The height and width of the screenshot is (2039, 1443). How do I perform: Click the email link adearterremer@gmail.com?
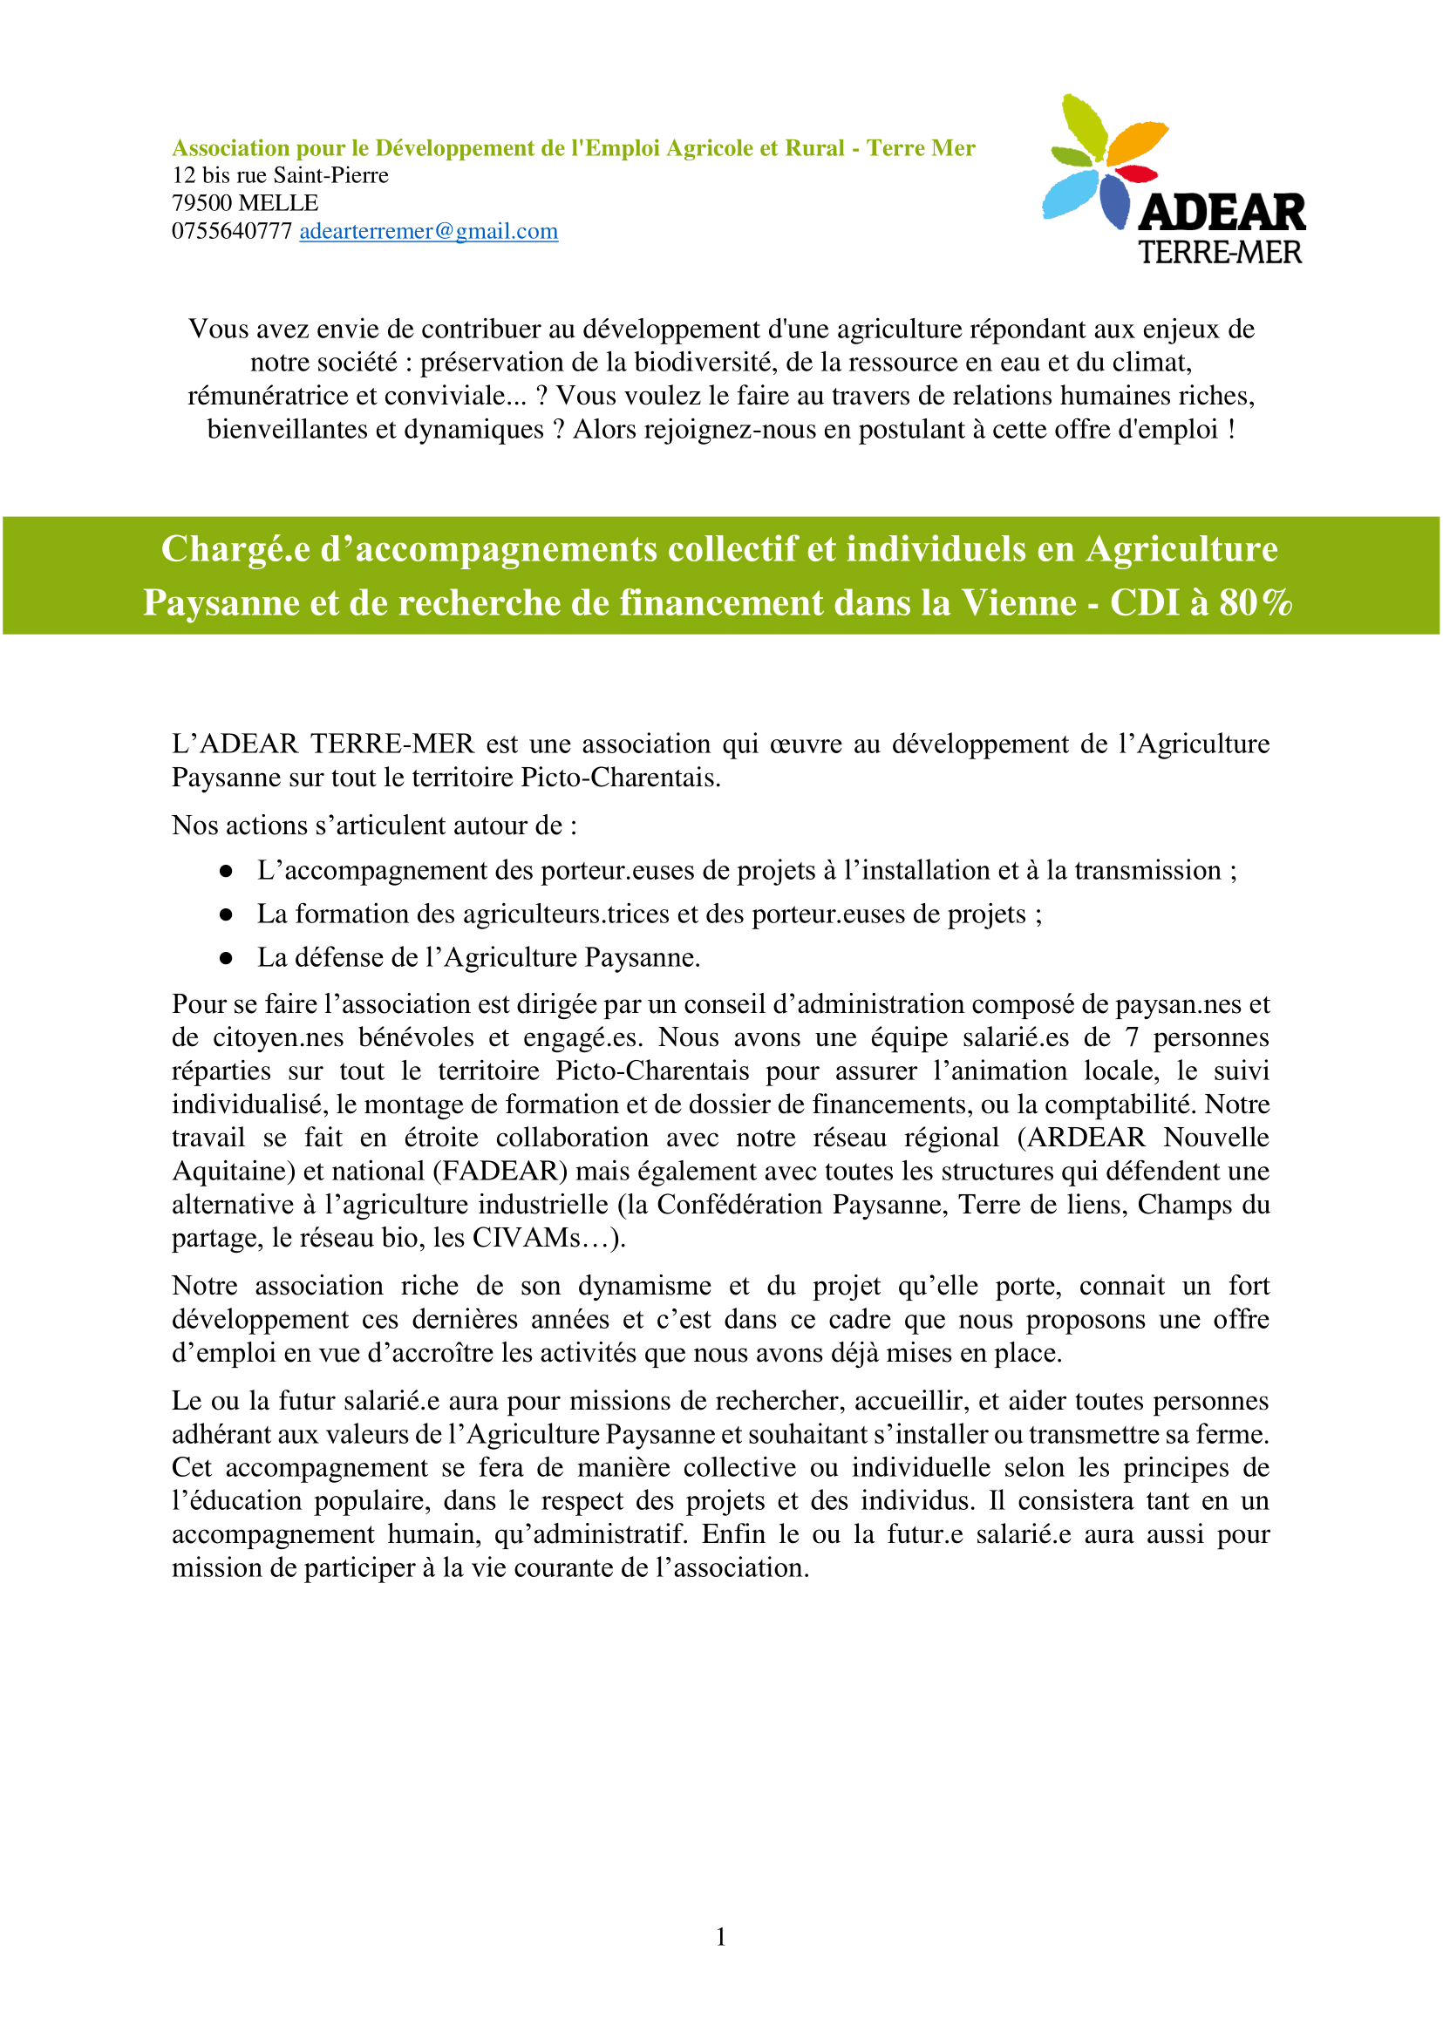[x=428, y=231]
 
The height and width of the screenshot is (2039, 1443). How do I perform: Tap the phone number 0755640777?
[x=232, y=231]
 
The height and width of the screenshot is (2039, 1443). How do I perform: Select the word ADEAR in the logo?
[x=1222, y=214]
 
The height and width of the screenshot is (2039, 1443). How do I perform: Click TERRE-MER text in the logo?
[x=1220, y=253]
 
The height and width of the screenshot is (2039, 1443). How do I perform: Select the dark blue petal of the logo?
[x=1114, y=201]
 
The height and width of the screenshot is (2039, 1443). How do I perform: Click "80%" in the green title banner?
[x=1256, y=602]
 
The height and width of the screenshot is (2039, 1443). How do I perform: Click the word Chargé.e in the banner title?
[x=235, y=549]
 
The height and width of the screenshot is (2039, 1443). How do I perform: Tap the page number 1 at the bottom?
[x=720, y=1936]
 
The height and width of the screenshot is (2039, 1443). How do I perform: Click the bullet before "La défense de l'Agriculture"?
[x=226, y=958]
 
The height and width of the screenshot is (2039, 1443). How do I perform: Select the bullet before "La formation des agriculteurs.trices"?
[x=226, y=914]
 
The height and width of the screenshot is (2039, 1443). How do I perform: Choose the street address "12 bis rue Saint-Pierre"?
[x=280, y=175]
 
